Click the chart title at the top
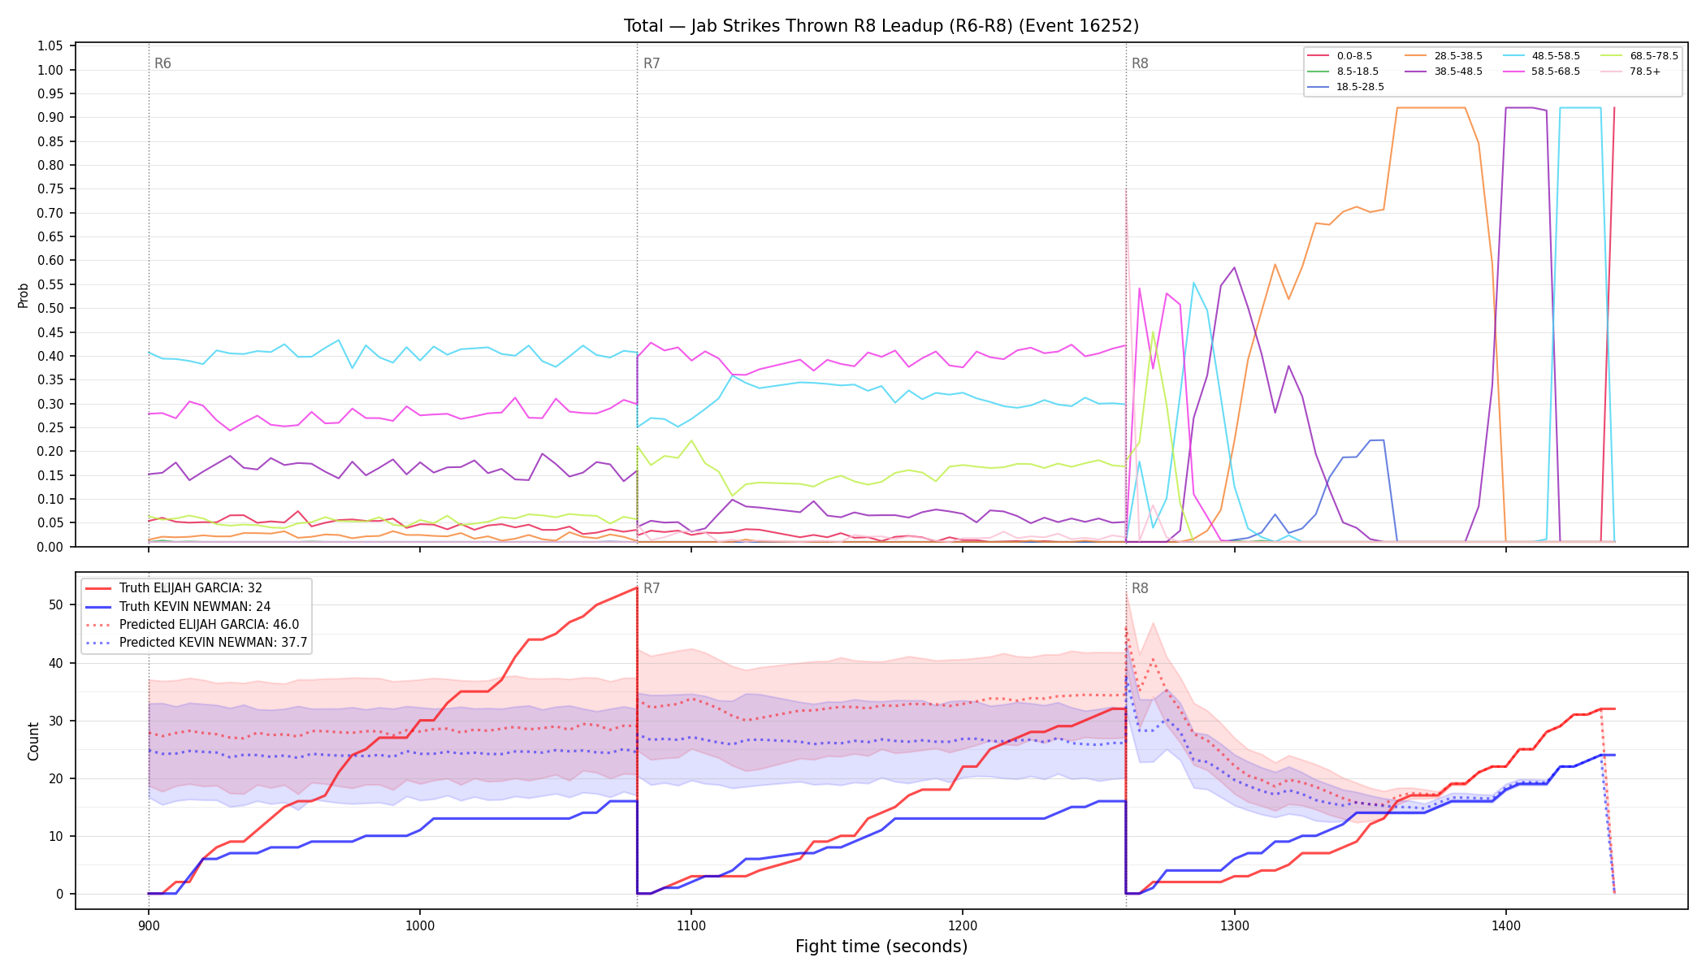[x=881, y=26]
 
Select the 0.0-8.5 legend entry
[x=1340, y=56]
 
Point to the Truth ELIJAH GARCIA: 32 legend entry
[x=174, y=588]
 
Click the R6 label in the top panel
[x=162, y=63]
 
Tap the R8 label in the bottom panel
[x=1140, y=588]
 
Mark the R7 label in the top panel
[x=652, y=63]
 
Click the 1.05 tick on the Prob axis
[x=50, y=46]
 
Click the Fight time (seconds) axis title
[x=881, y=947]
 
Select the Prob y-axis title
[x=24, y=296]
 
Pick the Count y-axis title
[x=33, y=741]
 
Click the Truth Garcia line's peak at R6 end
[x=637, y=587]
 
